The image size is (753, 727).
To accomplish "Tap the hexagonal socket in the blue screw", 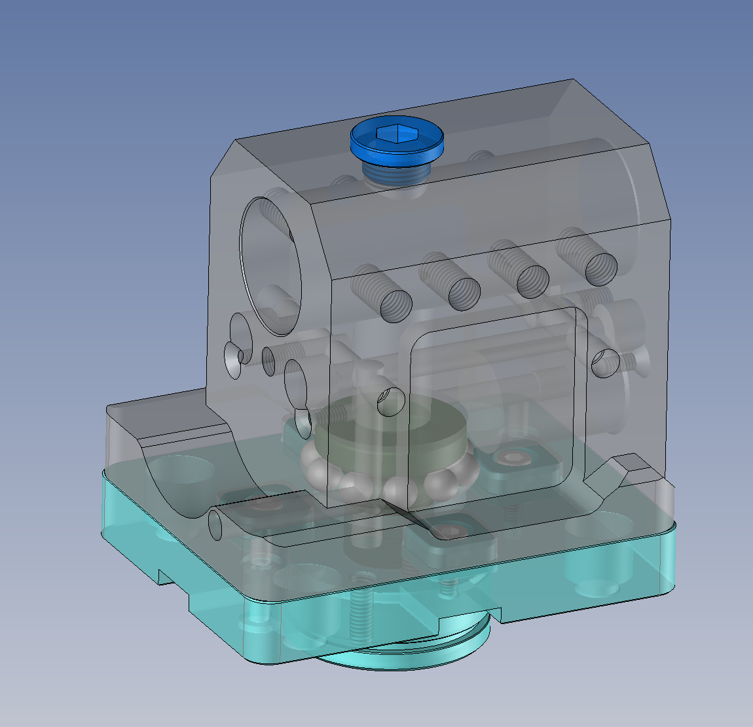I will tap(397, 134).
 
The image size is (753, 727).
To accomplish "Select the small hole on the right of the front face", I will tap(605, 363).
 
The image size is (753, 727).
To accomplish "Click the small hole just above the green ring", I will tap(390, 401).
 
